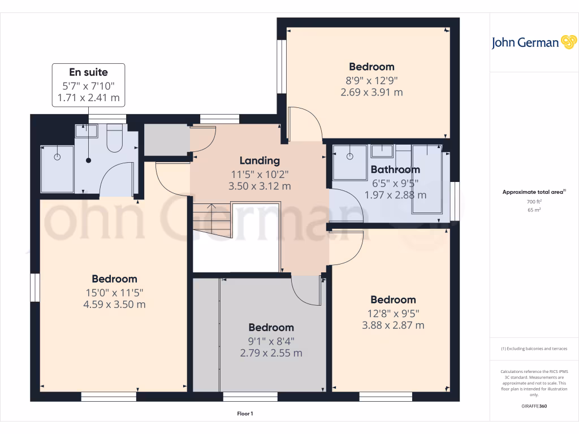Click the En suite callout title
pyautogui.click(x=88, y=72)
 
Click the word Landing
pyautogui.click(x=259, y=160)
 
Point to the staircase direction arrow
pyautogui.click(x=213, y=213)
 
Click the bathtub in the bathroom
pyautogui.click(x=427, y=178)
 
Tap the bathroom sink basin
pyautogui.click(x=383, y=150)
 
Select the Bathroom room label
pyautogui.click(x=395, y=170)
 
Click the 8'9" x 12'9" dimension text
pyautogui.click(x=371, y=80)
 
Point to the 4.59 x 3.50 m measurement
pyautogui.click(x=114, y=305)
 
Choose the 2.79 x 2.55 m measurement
pyautogui.click(x=271, y=353)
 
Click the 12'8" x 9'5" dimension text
pyautogui.click(x=393, y=313)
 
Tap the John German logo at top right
pyautogui.click(x=533, y=43)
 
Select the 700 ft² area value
pyautogui.click(x=533, y=202)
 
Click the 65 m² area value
pyautogui.click(x=533, y=210)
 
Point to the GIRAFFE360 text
pyautogui.click(x=533, y=406)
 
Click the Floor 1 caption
pyautogui.click(x=245, y=414)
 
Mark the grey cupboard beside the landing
pyautogui.click(x=166, y=140)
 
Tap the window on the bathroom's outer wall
pyautogui.click(x=454, y=201)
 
